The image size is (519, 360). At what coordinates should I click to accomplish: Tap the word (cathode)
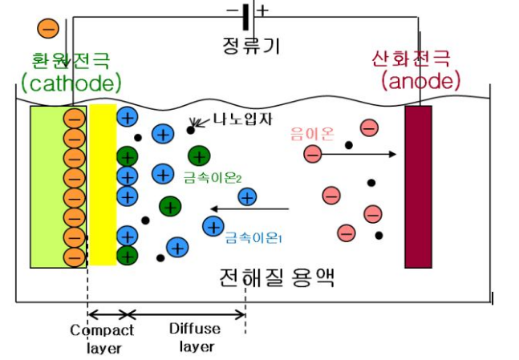click(x=71, y=82)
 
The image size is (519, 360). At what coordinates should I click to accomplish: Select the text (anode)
click(x=421, y=80)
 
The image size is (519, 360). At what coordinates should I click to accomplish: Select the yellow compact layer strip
click(x=103, y=184)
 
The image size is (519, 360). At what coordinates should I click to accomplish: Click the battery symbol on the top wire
click(x=245, y=12)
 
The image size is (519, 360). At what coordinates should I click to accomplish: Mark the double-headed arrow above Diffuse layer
click(x=186, y=313)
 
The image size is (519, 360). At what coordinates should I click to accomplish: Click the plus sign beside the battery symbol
click(x=262, y=10)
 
